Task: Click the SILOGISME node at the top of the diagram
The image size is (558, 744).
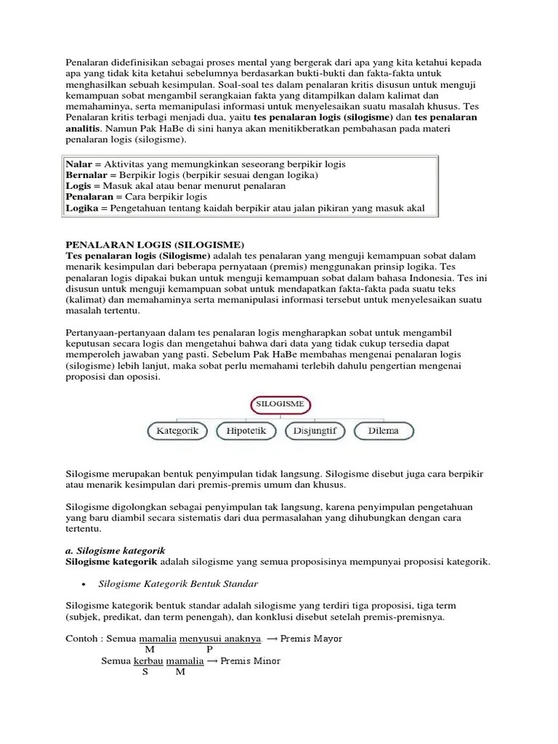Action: tap(280, 403)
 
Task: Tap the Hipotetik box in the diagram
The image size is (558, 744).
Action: tap(246, 431)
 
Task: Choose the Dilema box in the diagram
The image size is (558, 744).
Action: tap(383, 431)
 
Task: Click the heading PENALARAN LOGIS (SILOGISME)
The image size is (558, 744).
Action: tap(156, 244)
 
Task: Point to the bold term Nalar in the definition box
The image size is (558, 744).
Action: tap(78, 165)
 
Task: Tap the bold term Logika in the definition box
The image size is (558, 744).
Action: tap(81, 209)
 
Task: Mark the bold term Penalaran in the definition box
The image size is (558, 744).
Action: tap(89, 197)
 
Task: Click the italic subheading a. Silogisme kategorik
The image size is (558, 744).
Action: tap(116, 551)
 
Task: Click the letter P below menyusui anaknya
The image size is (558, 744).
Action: tap(209, 650)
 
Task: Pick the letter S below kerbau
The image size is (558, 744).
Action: tap(145, 672)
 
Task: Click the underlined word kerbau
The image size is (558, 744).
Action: tap(149, 661)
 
